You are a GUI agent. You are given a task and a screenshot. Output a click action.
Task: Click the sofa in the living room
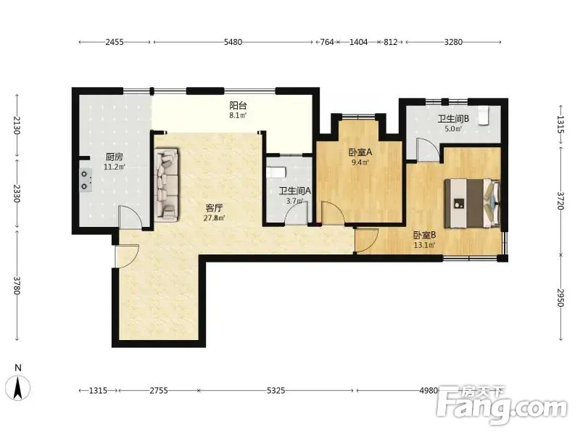pos(167,185)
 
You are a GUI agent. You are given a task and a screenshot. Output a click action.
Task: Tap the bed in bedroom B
pos(473,203)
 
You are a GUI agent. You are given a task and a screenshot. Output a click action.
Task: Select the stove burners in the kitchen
pos(85,180)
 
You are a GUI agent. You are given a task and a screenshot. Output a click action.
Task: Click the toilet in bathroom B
pos(484,115)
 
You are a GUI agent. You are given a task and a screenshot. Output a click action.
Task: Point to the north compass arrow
pos(17,387)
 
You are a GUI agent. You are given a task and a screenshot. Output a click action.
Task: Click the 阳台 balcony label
pos(238,105)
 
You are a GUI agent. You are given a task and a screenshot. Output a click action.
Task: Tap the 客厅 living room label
pos(214,208)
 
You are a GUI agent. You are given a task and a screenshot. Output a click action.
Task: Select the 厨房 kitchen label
pos(115,157)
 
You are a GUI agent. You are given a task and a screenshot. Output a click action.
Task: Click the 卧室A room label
pos(360,152)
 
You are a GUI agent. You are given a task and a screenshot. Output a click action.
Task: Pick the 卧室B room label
pos(424,235)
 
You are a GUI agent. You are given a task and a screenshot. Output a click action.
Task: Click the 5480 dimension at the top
pos(233,42)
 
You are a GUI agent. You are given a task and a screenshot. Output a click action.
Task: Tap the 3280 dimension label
pos(453,42)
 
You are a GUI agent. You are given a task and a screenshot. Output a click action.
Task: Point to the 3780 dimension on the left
pos(16,286)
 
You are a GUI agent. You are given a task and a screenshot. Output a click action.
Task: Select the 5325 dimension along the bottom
pos(275,391)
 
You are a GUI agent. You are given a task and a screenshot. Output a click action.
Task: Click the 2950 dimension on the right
pos(560,297)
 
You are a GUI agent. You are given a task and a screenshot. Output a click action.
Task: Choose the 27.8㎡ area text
pos(214,217)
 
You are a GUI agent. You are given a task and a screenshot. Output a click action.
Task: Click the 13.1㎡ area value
pos(424,245)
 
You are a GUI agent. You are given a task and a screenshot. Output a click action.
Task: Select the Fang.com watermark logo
pos(501,405)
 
